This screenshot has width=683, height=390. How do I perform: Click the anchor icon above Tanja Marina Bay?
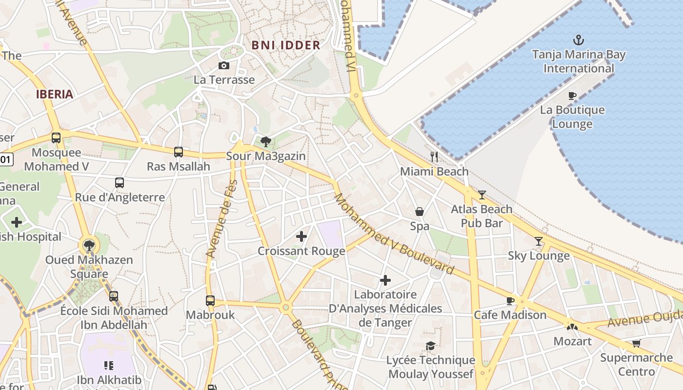click(579, 39)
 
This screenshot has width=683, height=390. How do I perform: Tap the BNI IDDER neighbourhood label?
click(286, 45)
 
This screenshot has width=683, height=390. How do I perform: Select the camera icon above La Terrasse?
click(224, 65)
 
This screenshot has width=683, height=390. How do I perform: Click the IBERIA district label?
click(55, 94)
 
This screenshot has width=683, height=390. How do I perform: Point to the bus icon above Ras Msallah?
click(179, 152)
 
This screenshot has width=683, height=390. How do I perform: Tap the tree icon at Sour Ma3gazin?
click(266, 142)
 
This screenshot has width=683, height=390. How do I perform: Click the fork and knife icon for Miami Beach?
click(434, 156)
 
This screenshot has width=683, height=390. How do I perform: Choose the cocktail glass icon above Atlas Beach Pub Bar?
click(482, 195)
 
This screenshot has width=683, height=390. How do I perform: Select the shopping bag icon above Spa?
click(419, 212)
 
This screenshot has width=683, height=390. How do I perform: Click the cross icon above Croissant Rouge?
click(301, 236)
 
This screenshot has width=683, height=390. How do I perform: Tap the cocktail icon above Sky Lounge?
click(539, 241)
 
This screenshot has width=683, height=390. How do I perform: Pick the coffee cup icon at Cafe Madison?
click(510, 300)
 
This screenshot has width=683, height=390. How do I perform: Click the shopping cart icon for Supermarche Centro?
click(636, 343)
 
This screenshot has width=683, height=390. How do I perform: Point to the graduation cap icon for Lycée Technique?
click(430, 346)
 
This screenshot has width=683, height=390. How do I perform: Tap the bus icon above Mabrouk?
click(210, 300)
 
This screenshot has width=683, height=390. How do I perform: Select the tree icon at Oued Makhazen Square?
click(89, 245)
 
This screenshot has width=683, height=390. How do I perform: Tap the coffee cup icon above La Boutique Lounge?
click(572, 96)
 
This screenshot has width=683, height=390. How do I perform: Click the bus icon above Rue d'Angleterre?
click(120, 183)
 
